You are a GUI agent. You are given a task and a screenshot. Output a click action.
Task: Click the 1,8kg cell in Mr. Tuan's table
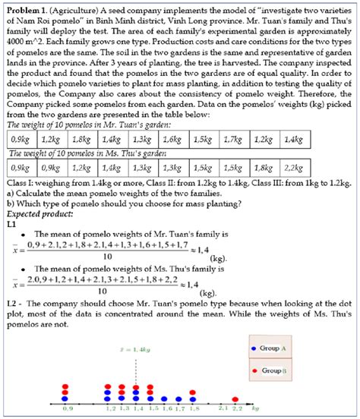[78, 162]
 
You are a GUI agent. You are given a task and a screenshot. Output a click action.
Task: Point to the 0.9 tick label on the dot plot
[68, 408]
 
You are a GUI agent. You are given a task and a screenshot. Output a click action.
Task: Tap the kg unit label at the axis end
[256, 408]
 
